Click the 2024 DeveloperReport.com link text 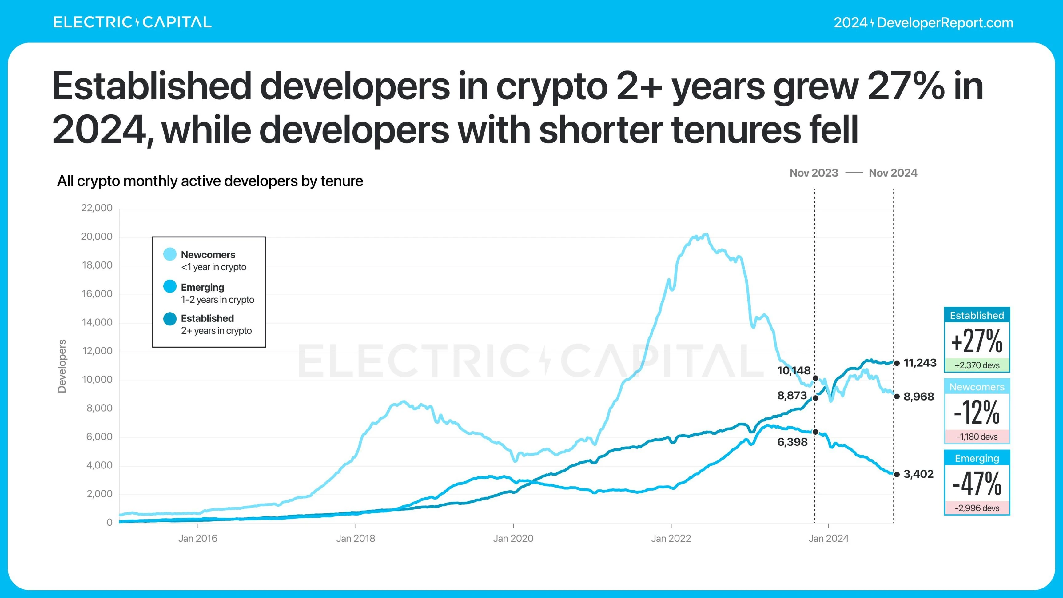(923, 23)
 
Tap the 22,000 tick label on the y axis (97, 208)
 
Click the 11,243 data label (920, 363)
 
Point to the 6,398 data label (792, 442)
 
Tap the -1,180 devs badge (977, 437)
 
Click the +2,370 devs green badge (977, 365)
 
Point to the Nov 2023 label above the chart (814, 173)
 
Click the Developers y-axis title (62, 366)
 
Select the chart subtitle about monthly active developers (210, 181)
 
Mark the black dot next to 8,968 (897, 397)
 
